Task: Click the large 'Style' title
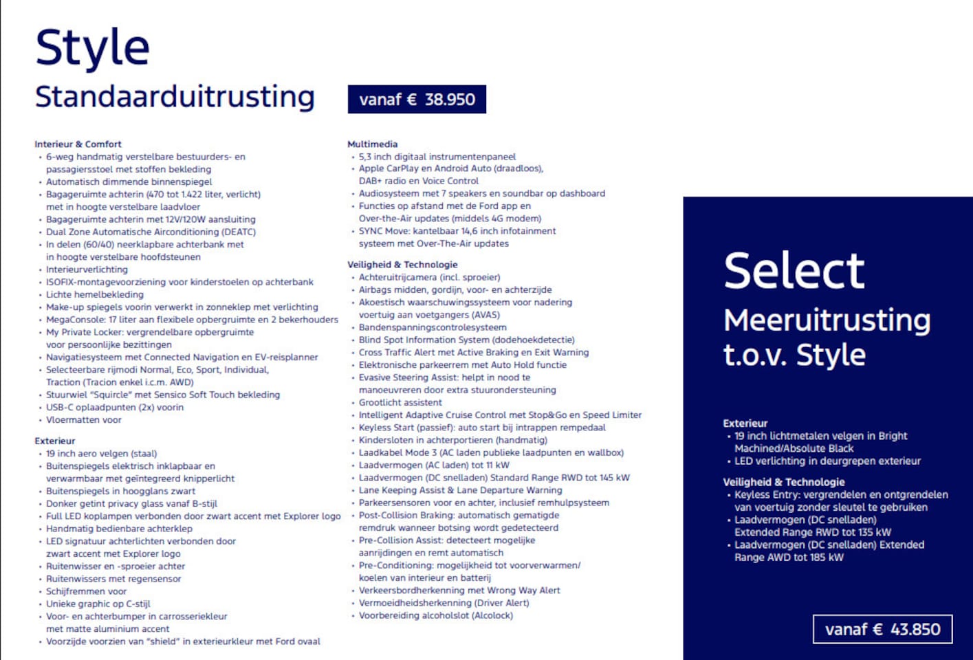tap(92, 48)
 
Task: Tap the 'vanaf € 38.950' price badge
tap(417, 99)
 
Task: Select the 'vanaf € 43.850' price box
tap(882, 629)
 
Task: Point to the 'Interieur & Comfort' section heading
tap(78, 144)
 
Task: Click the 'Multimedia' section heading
tap(372, 144)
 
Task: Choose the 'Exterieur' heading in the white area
tap(55, 441)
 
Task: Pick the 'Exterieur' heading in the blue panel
tap(745, 423)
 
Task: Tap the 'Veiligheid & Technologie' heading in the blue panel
tap(783, 482)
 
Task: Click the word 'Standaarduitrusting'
tap(175, 96)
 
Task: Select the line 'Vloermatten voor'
tap(83, 419)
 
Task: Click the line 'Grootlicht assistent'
tap(400, 402)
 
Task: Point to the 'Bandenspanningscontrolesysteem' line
tap(432, 327)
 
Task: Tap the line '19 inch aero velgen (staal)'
tap(101, 453)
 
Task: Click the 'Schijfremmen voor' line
tap(86, 591)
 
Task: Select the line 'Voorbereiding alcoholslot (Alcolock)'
tap(435, 615)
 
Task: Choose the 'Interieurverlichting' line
tap(87, 269)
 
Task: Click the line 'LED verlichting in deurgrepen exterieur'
tap(827, 461)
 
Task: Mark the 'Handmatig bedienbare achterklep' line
tap(119, 529)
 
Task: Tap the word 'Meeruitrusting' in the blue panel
tap(827, 320)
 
